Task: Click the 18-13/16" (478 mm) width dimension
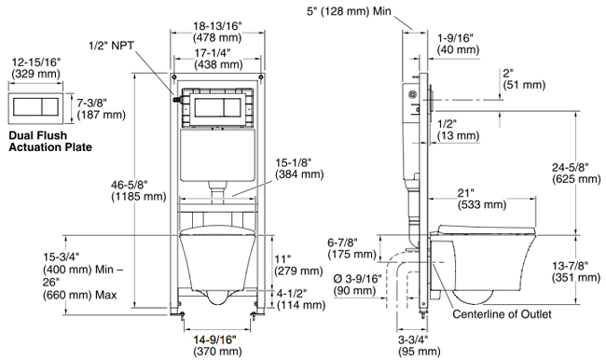pyautogui.click(x=217, y=32)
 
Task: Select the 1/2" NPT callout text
pyautogui.click(x=111, y=46)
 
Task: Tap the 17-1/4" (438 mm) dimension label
pyautogui.click(x=218, y=58)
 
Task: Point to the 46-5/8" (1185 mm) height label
pyautogui.click(x=139, y=190)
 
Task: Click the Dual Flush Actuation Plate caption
pyautogui.click(x=50, y=142)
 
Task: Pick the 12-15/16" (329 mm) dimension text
pyautogui.click(x=36, y=67)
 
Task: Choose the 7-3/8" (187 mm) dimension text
pyautogui.click(x=102, y=109)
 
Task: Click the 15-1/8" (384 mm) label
pyautogui.click(x=299, y=168)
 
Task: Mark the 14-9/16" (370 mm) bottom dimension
pyautogui.click(x=217, y=345)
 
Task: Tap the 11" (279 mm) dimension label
pyautogui.click(x=298, y=265)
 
